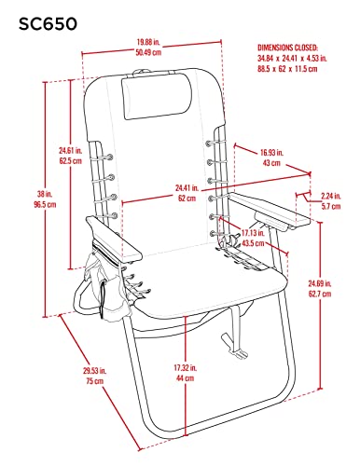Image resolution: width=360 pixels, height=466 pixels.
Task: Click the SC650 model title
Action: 48,24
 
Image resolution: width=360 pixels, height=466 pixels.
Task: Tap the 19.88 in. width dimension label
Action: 148,42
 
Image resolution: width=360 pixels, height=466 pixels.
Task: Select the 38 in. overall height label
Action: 45,194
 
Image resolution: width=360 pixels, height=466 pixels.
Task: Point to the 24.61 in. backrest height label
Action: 71,151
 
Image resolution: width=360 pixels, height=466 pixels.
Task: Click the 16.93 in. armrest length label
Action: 271,153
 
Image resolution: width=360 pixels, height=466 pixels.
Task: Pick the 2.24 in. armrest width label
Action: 331,196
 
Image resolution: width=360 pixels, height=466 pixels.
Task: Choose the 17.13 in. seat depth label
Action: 253,233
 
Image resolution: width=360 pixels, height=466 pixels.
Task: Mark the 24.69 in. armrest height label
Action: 320,283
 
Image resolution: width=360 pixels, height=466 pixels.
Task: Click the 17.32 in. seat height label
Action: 185,368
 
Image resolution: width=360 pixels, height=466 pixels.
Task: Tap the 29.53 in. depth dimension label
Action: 94,371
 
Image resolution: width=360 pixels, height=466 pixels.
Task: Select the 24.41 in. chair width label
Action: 187,188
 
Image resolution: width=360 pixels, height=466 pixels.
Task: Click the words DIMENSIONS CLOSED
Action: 287,48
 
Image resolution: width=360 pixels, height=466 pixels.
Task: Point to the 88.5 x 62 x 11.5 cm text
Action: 287,69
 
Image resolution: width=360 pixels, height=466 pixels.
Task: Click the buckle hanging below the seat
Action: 234,347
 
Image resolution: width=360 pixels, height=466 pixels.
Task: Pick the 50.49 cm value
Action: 148,52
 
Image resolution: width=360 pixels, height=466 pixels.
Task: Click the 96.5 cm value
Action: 45,205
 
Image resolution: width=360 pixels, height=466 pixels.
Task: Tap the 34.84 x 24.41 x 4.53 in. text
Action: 292,58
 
